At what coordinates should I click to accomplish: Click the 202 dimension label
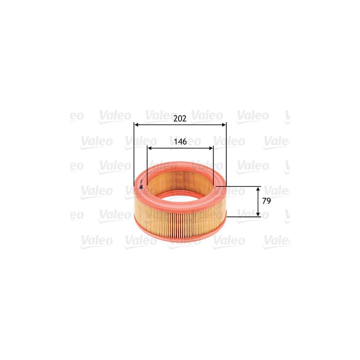pyautogui.click(x=180, y=118)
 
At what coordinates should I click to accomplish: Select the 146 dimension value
pyautogui.click(x=180, y=142)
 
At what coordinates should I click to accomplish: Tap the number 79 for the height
pyautogui.click(x=266, y=201)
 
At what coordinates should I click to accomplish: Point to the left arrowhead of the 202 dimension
pyautogui.click(x=136, y=125)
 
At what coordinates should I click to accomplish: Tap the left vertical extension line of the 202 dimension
pyautogui.click(x=134, y=156)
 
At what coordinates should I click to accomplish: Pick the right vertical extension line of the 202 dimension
pyautogui.click(x=226, y=156)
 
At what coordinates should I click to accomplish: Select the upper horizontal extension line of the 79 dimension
pyautogui.click(x=240, y=186)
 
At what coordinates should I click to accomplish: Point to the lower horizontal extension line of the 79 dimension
pyautogui.click(x=244, y=217)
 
